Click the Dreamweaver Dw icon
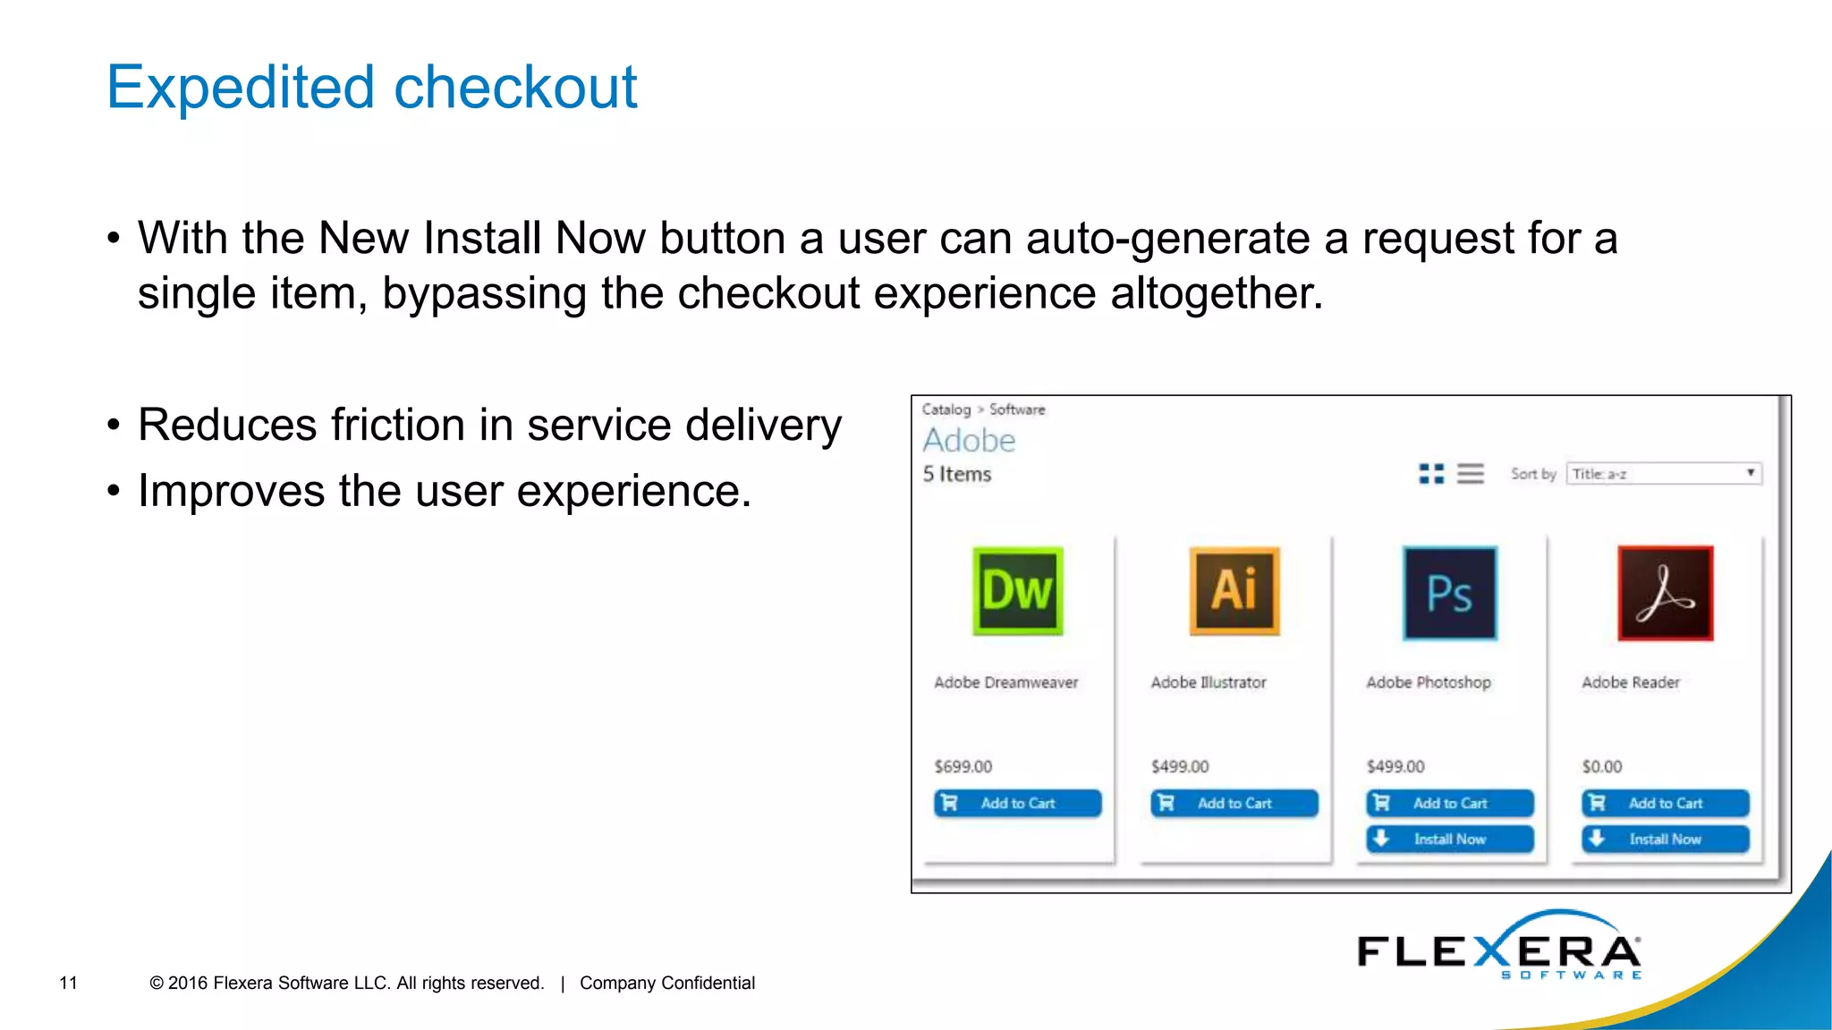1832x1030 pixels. point(1017,591)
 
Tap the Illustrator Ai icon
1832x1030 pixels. point(1234,591)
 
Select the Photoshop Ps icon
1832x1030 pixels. point(1449,593)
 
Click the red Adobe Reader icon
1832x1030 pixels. point(1665,593)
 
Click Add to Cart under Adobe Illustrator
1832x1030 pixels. point(1234,803)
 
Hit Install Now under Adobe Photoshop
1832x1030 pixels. point(1449,839)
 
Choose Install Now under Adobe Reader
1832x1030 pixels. point(1665,839)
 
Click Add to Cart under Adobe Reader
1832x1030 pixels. point(1665,803)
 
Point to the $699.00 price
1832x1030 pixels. point(963,766)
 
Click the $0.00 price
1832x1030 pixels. point(1601,766)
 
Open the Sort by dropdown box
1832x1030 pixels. point(1664,474)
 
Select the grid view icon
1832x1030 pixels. point(1431,474)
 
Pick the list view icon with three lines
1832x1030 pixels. point(1470,474)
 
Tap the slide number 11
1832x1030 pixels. point(68,983)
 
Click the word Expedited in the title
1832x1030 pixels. point(241,88)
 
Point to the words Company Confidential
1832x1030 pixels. point(667,983)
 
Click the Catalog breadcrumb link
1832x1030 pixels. point(946,409)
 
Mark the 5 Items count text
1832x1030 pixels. point(957,474)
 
